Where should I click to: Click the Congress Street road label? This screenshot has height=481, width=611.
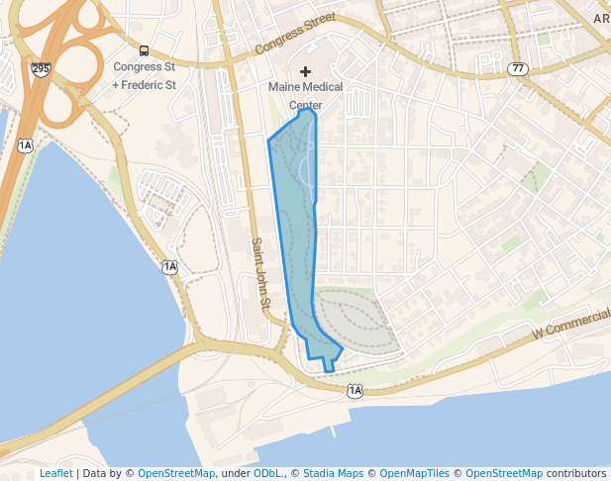tap(296, 33)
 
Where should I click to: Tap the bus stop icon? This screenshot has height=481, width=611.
tap(145, 50)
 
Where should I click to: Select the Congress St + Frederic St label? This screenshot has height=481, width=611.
tap(145, 76)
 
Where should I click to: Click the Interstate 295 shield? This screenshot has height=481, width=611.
tap(41, 68)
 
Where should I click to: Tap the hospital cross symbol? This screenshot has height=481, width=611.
tap(305, 71)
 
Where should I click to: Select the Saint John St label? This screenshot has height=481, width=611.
tap(259, 273)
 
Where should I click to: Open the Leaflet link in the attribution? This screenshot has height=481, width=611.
tap(55, 474)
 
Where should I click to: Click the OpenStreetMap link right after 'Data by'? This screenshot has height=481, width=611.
tap(176, 474)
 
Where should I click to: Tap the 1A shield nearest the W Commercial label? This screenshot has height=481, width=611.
tap(356, 392)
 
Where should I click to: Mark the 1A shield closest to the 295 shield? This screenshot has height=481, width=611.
tap(25, 146)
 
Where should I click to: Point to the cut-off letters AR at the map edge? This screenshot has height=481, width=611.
tap(601, 18)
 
